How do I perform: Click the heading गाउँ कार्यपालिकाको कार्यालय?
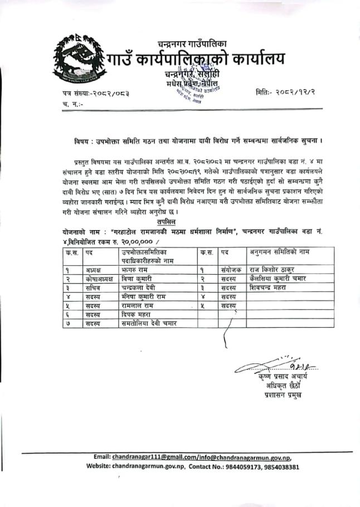(195, 58)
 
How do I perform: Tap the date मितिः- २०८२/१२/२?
(284, 91)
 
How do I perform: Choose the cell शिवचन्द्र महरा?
(272, 287)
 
